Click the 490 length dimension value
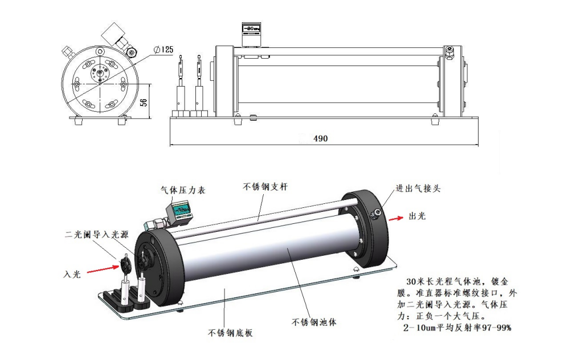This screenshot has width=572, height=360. coord(320,138)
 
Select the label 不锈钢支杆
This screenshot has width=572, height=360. coord(263,186)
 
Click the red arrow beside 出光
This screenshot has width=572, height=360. coord(395,218)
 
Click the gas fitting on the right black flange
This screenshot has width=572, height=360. coord(376,214)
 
